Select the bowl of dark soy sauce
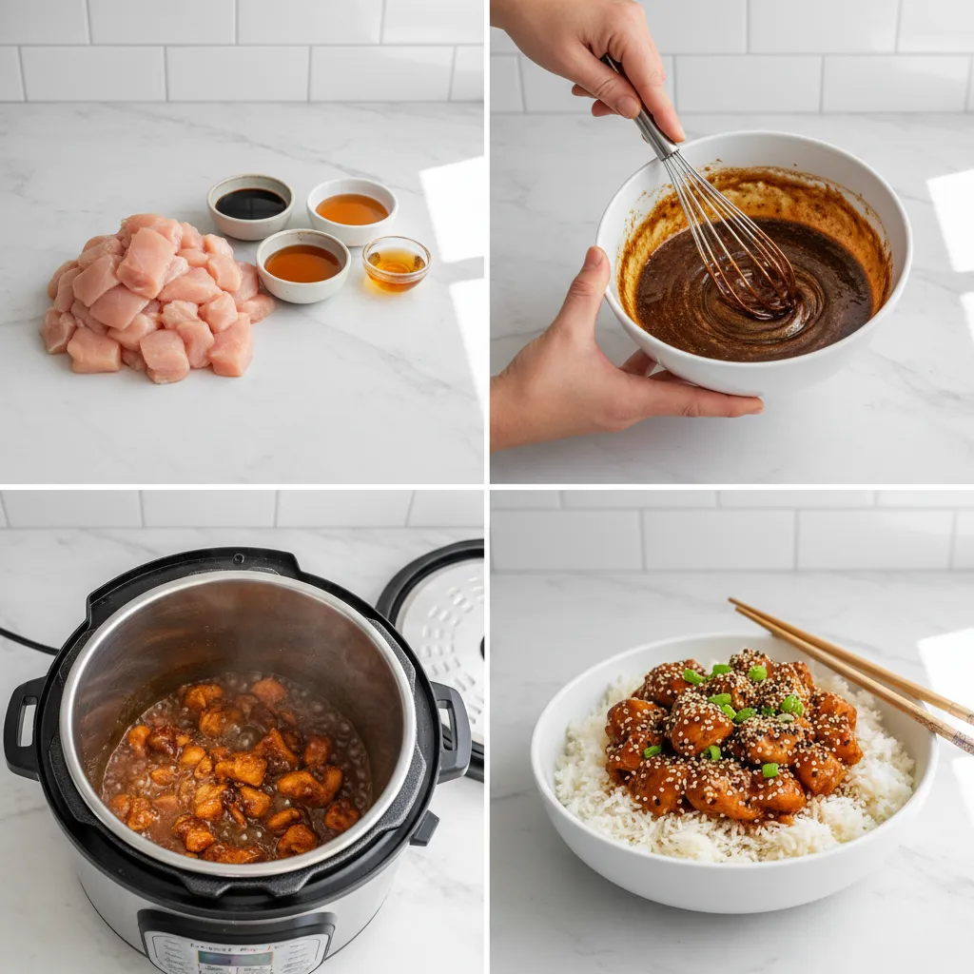pos(250,204)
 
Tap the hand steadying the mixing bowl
pos(590,371)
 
